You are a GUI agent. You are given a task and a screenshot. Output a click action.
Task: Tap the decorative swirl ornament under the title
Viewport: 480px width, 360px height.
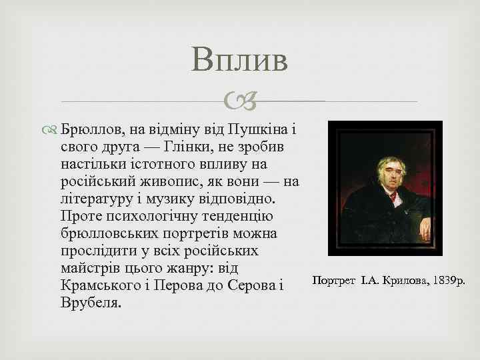(x=239, y=102)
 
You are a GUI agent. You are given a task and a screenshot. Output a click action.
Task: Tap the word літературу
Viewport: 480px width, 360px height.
(x=98, y=199)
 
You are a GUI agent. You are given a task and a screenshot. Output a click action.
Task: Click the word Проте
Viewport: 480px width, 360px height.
(x=78, y=216)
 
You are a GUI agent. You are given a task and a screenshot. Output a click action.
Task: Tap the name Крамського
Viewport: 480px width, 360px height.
(x=97, y=285)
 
